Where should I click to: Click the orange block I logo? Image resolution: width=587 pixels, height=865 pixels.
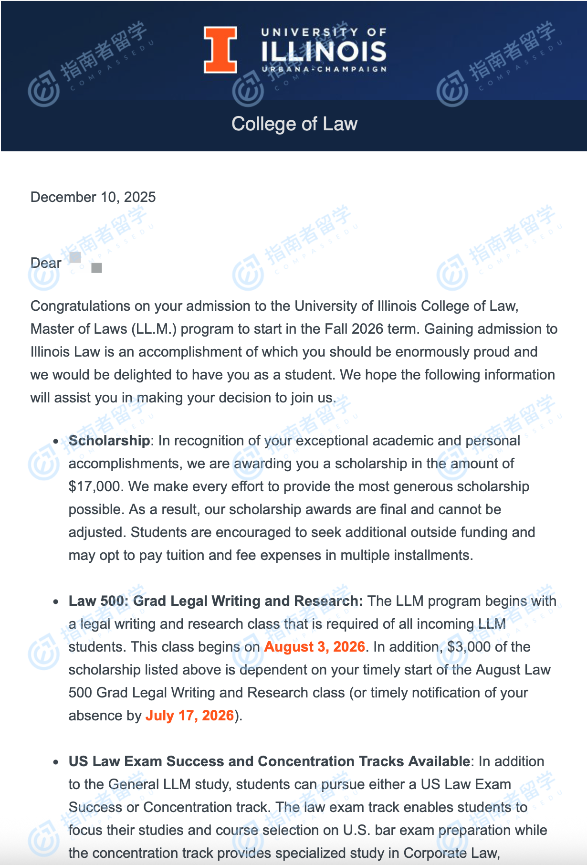coord(220,50)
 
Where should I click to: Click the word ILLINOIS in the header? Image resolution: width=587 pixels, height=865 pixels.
coord(324,52)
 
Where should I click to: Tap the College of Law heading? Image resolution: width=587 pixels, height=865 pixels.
coord(294,124)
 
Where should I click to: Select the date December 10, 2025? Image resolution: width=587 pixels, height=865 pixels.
coord(93,197)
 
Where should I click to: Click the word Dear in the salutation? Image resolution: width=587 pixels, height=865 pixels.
coord(46,263)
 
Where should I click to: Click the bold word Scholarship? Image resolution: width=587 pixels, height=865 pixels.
coord(109,441)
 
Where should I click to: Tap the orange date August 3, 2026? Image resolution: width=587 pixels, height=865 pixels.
coord(314,647)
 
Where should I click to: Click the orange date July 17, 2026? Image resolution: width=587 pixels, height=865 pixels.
coord(189,716)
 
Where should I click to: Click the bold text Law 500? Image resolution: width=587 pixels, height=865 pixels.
coord(98,601)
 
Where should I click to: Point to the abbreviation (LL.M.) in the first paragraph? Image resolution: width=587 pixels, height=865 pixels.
coord(154,329)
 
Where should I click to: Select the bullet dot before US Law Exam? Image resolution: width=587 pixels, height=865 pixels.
coord(56,762)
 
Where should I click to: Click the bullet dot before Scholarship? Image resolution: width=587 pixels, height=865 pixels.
coord(56,442)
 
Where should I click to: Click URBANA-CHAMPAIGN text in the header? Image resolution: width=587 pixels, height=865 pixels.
coord(324,69)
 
